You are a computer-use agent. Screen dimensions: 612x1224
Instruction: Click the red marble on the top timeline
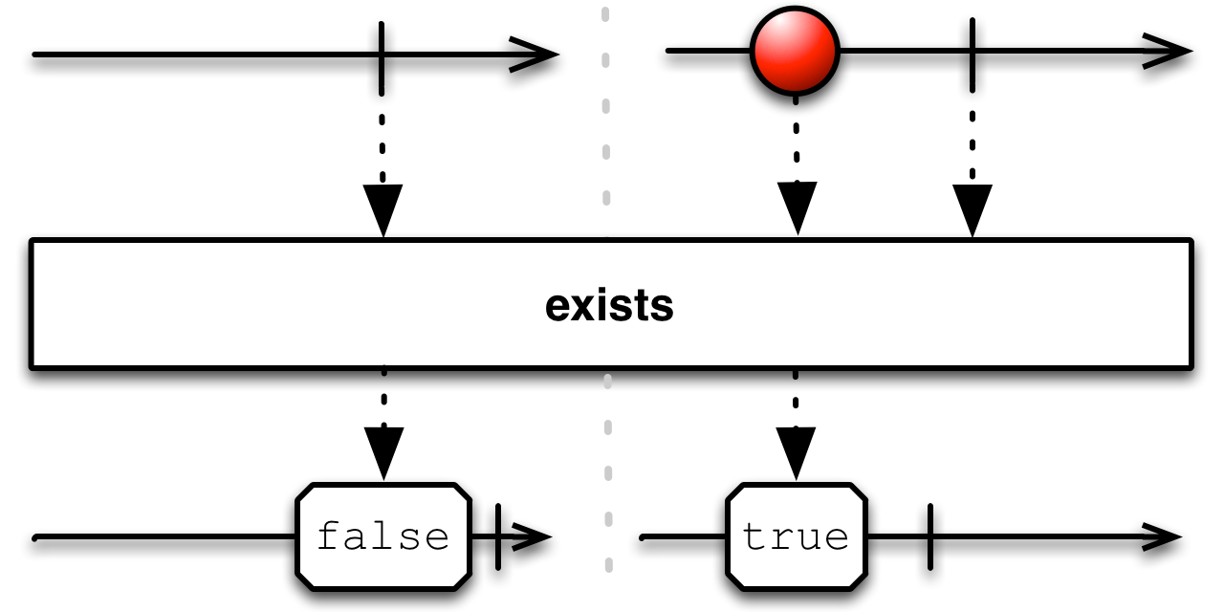795,50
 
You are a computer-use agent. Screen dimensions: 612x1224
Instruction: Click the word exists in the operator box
610,307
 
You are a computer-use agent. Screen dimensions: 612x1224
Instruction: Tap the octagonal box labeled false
382,536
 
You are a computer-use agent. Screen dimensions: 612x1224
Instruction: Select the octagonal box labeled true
796,536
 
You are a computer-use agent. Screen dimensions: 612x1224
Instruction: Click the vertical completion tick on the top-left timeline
382,55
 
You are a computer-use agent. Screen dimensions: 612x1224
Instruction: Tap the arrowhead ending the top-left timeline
535,55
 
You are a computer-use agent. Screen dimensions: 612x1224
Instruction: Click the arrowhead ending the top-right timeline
1169,51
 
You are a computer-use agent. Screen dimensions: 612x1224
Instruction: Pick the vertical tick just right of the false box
498,536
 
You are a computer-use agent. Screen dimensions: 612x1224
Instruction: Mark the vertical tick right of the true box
929,536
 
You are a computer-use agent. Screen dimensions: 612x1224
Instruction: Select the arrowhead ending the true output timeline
1162,536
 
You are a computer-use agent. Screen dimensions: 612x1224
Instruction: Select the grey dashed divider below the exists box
606,459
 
